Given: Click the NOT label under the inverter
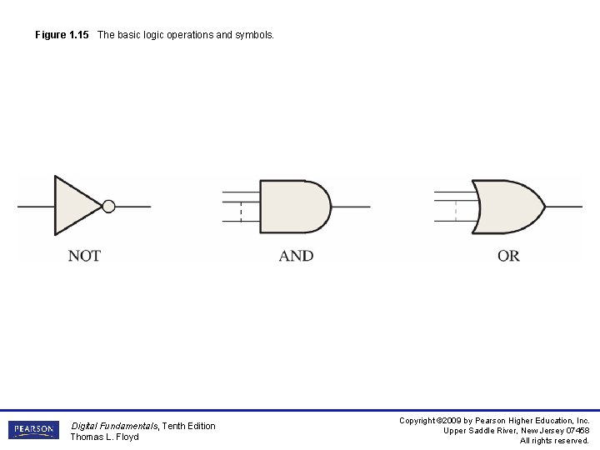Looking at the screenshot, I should pos(84,256).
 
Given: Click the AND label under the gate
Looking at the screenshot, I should pos(296,256).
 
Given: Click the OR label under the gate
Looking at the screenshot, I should pos(508,256).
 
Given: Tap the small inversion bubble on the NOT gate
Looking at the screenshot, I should pos(108,206).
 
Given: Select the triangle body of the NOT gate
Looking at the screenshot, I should pos(73,206).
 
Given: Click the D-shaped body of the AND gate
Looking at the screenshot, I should pos(292,207).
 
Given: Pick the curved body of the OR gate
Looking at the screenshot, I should pos(504,207).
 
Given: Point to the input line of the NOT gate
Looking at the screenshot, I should pos(36,206).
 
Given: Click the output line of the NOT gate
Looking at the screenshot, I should pos(133,206).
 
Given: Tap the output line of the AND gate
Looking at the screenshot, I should pos(351,207).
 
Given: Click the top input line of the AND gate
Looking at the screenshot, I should pos(241,192).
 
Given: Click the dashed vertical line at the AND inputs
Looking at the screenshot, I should pos(241,212).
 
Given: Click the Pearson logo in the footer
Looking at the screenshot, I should pos(33,430).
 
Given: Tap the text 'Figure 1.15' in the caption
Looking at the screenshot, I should pos(62,35).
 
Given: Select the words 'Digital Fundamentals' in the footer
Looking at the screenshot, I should pos(114,426).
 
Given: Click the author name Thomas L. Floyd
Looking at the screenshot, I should pos(104,437).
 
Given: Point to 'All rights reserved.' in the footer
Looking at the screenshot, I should pos(554,441).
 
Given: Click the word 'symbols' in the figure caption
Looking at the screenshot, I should pos(253,35).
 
